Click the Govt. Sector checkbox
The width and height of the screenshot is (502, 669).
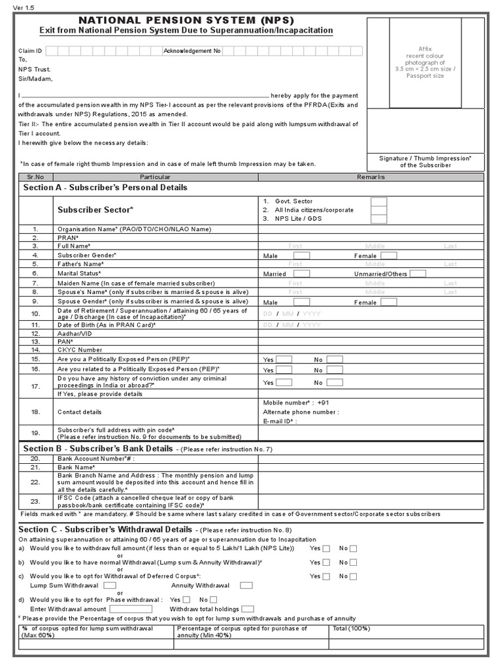coord(378,202)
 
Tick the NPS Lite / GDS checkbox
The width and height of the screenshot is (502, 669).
coord(378,220)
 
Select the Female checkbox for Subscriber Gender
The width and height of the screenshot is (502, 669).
coord(388,255)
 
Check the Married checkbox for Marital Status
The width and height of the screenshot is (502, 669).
coord(301,274)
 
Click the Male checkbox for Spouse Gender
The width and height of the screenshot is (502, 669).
coord(301,302)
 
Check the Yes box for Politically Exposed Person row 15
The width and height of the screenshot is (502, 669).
coord(284,360)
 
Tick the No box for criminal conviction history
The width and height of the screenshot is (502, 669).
coord(335,382)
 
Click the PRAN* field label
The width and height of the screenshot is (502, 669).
coord(69,238)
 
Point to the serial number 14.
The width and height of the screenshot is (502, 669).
coord(35,350)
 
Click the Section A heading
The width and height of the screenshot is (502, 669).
coord(105,188)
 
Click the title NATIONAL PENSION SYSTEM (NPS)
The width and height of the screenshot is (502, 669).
coord(186,20)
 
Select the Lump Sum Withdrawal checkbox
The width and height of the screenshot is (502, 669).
coord(105,586)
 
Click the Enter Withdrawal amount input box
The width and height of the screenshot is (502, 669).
coord(131,608)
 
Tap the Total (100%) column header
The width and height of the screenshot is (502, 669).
coord(352,628)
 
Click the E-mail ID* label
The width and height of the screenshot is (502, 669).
coord(280,422)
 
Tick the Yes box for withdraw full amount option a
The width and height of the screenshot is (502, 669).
coord(327,549)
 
